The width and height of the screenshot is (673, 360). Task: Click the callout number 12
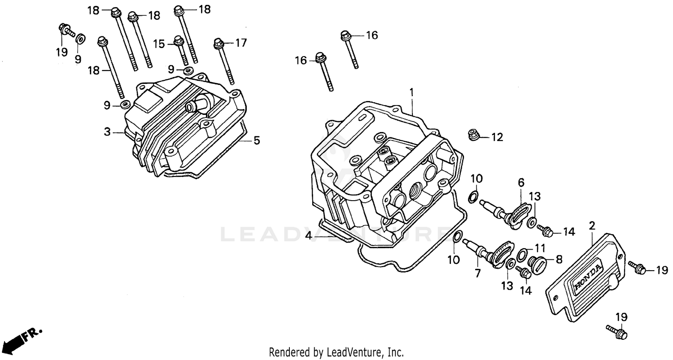point(497,137)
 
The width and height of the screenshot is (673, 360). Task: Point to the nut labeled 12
point(473,133)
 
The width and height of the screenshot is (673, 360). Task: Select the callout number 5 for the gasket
point(256,140)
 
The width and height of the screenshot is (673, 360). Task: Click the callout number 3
point(107,132)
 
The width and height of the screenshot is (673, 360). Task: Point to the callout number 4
point(308,235)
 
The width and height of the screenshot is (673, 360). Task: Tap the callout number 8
point(559,259)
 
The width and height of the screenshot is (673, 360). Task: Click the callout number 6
point(521,182)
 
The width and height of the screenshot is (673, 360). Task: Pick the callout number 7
point(478,273)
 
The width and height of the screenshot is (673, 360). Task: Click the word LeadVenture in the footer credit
point(351,352)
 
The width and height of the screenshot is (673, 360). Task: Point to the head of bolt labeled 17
point(219,43)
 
